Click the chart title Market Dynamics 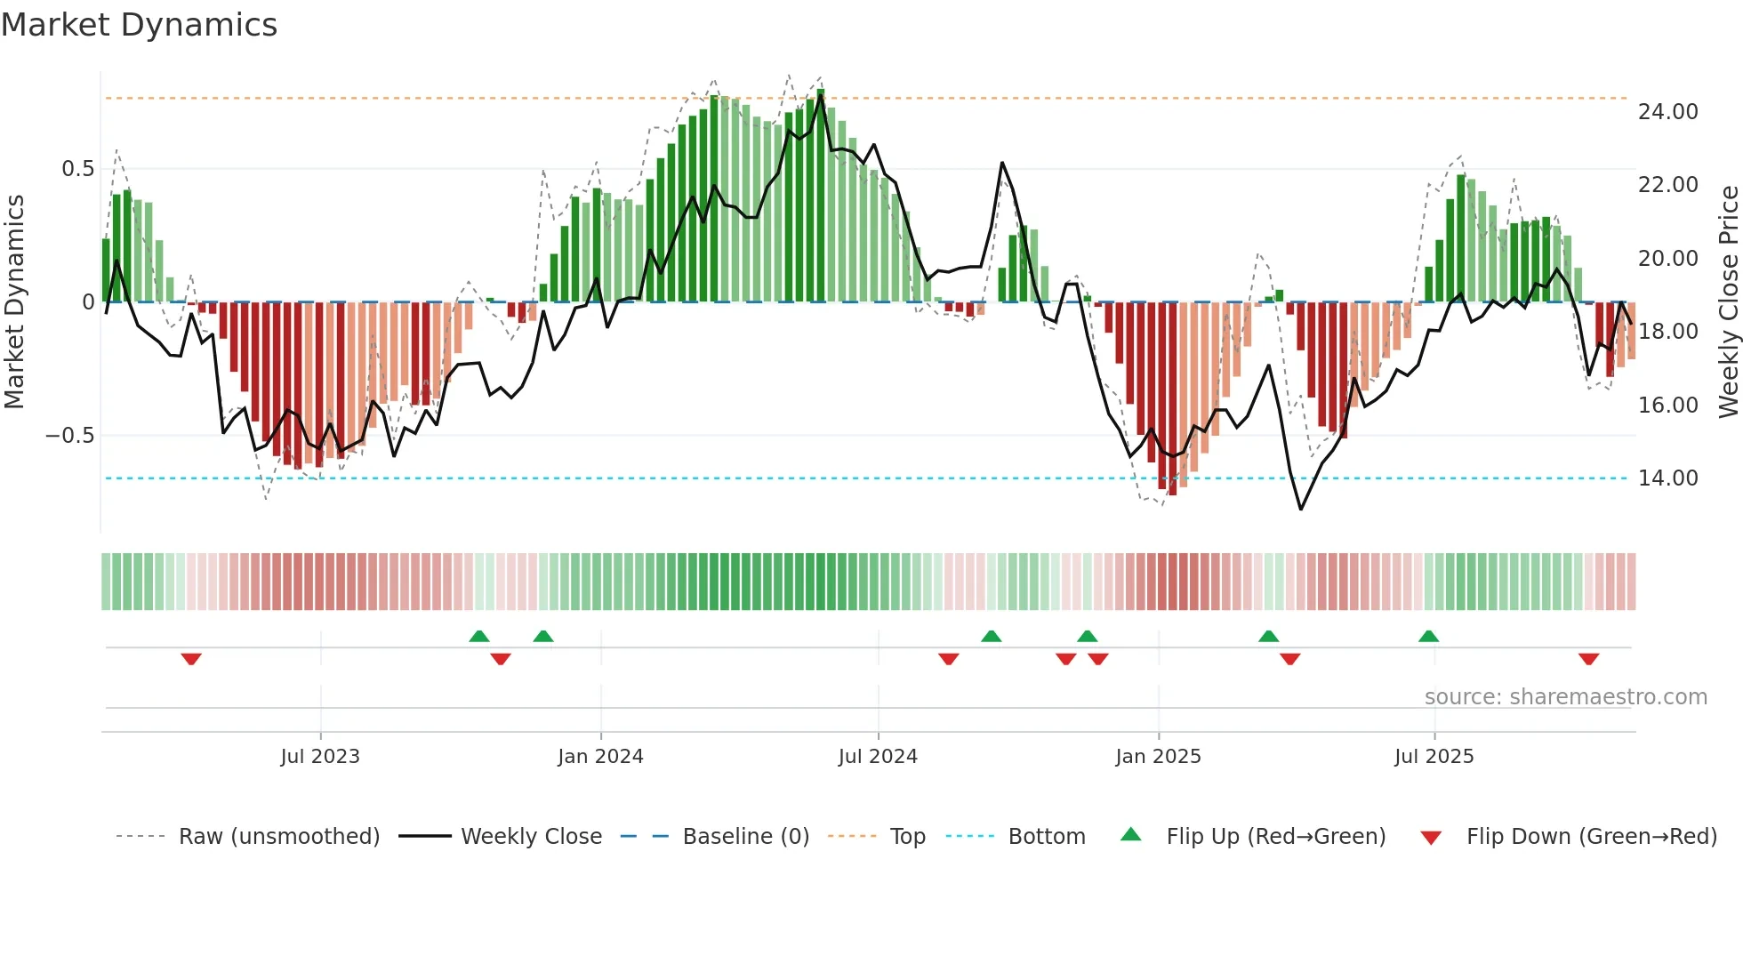coord(139,25)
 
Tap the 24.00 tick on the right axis coord(1667,112)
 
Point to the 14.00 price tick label coord(1667,478)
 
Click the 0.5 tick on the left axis coord(77,169)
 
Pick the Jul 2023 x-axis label coord(320,757)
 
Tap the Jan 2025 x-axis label coord(1158,757)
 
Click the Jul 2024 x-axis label coord(878,757)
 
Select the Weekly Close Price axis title coord(1728,302)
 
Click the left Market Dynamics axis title coord(14,302)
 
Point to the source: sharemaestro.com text coord(1565,697)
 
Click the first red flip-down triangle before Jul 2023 coord(191,658)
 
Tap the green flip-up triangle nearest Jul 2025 coord(1428,637)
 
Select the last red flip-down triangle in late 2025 coord(1588,658)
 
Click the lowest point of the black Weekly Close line coord(1301,509)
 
